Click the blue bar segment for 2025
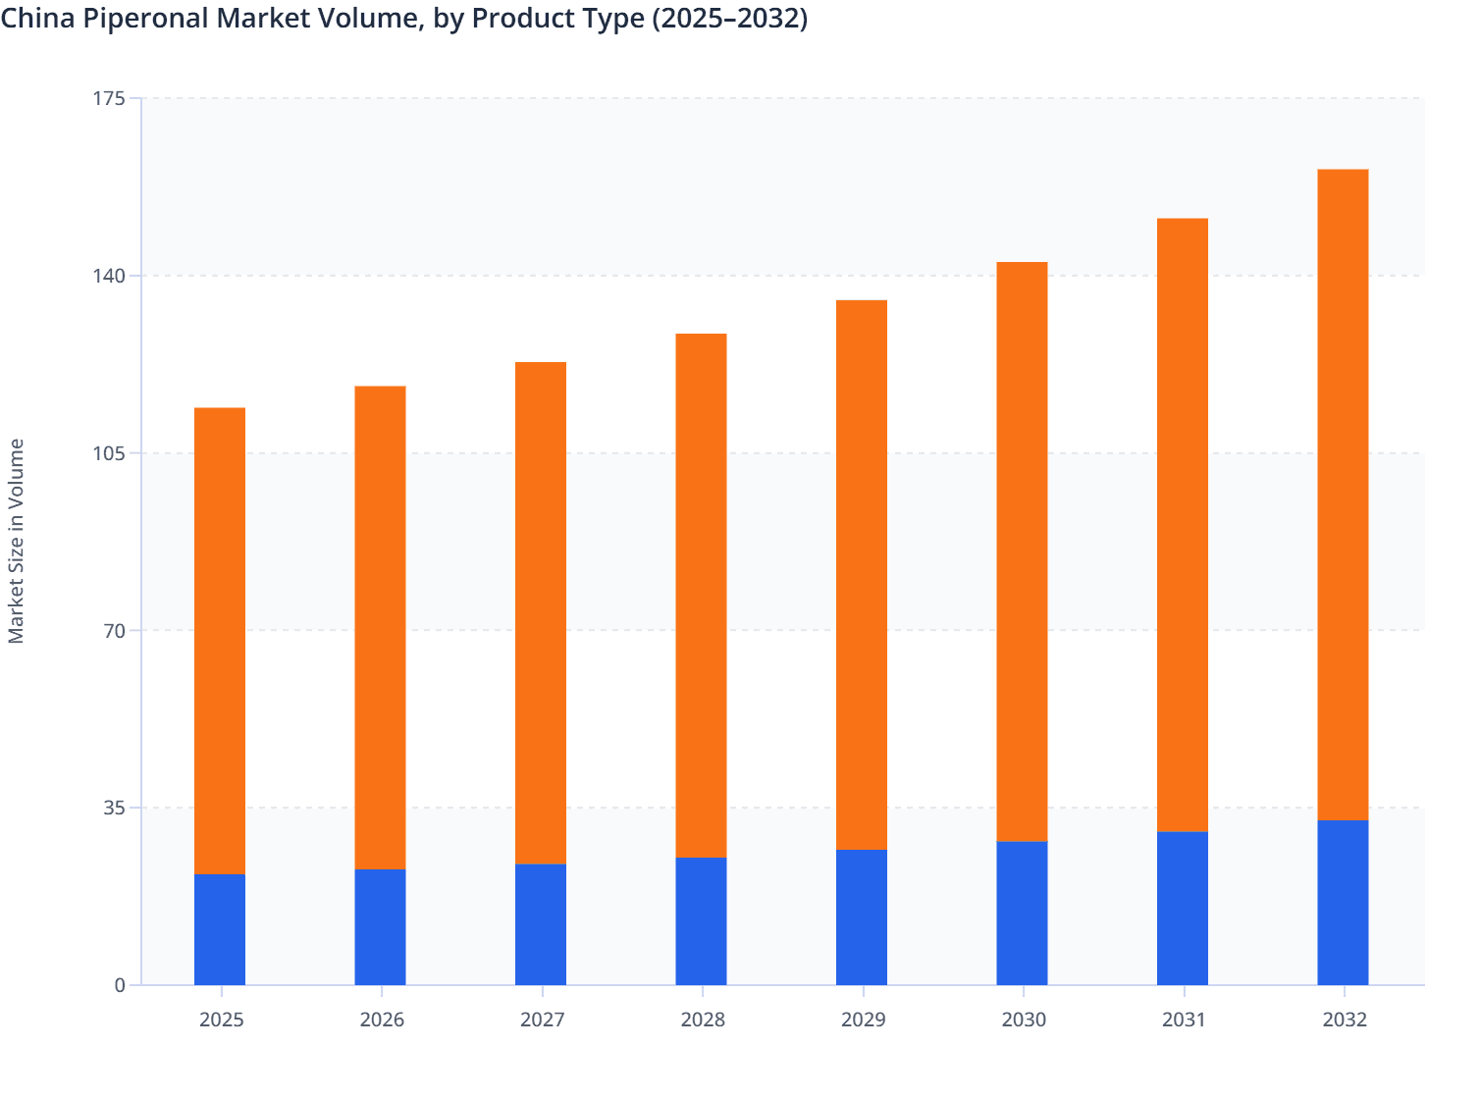coord(220,929)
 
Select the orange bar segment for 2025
coord(220,641)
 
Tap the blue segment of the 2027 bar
coord(541,924)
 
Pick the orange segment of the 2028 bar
coord(701,596)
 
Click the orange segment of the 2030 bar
coord(1022,551)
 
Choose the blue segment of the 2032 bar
coord(1343,903)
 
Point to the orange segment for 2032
coord(1343,495)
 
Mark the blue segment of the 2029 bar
coord(862,917)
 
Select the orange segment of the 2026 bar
coord(380,628)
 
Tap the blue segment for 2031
coord(1183,909)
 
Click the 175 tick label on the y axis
coord(111,98)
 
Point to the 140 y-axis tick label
coord(111,276)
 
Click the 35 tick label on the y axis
coord(116,808)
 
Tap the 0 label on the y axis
coord(121,985)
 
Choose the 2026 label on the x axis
coord(381,1020)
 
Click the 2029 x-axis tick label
coord(863,1020)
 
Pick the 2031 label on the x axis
coord(1184,1020)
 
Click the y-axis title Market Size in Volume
coord(17,541)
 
